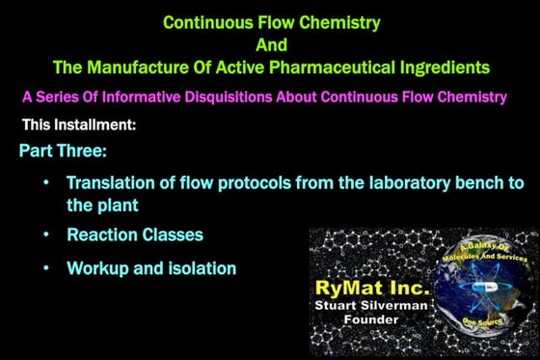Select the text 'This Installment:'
coord(78,125)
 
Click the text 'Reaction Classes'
coord(135,235)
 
